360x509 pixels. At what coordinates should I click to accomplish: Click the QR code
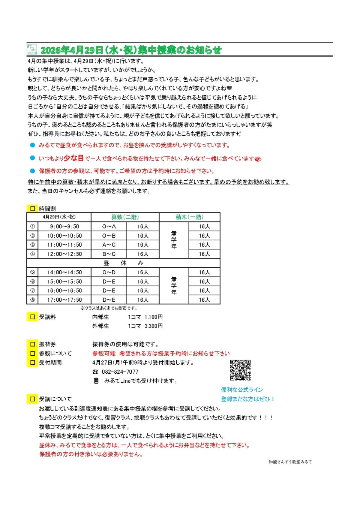240,370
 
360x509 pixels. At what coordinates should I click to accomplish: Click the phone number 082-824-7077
120,372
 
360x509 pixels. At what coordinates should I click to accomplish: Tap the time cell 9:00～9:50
64,226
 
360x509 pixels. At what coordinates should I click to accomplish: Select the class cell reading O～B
109,236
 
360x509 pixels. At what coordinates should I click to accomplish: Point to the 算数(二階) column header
125,217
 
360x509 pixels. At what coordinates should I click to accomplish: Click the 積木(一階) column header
189,217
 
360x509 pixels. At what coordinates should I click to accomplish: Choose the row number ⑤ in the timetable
33,272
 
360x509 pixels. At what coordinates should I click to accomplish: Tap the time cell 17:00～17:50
64,300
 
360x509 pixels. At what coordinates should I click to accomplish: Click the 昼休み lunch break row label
123,263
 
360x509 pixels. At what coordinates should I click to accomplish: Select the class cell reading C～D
109,272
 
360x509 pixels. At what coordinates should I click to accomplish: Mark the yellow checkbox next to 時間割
33,209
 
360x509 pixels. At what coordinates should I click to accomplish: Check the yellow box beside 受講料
33,317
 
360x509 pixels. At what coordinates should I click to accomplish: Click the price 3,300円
154,326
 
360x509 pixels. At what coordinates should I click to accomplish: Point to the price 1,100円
154,317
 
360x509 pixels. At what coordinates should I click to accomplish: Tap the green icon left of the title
32,49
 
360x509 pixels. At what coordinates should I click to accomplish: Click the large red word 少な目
73,158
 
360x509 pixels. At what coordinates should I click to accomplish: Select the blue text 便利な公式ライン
242,390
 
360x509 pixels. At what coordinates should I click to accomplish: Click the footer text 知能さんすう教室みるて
290,462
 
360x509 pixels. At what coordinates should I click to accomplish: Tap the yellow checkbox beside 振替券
33,344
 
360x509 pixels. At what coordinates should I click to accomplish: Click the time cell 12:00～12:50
64,254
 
